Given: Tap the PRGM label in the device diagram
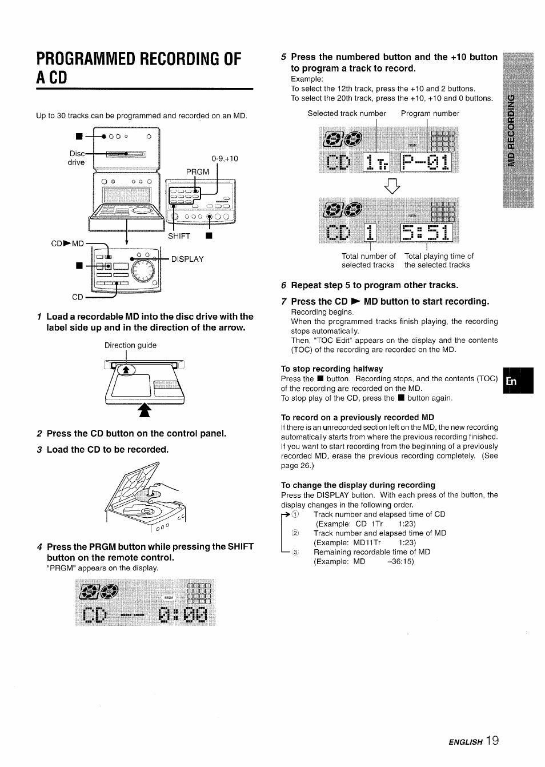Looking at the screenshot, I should pyautogui.click(x=198, y=171).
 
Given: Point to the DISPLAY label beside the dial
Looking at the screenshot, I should pyautogui.click(x=187, y=259).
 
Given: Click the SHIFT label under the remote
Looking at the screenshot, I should pyautogui.click(x=179, y=236).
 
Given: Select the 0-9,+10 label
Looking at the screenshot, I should pyautogui.click(x=225, y=158).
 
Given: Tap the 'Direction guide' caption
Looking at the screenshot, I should pyautogui.click(x=130, y=345).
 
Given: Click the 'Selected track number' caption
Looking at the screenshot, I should pyautogui.click(x=347, y=113).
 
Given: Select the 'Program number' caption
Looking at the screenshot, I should pyautogui.click(x=430, y=113).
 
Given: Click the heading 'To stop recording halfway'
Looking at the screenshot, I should pyautogui.click(x=331, y=369).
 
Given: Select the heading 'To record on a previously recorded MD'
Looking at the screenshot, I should pyautogui.click(x=357, y=417).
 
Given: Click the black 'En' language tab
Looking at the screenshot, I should pyautogui.click(x=518, y=381).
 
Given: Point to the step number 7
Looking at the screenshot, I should pyautogui.click(x=284, y=301).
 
